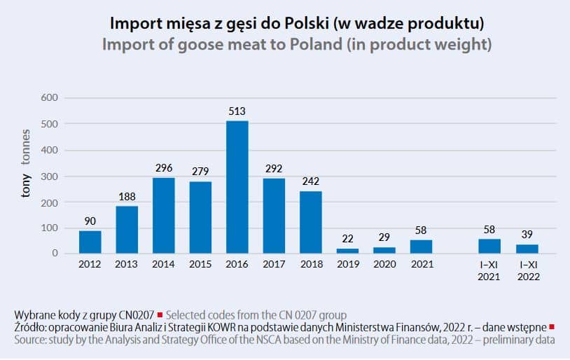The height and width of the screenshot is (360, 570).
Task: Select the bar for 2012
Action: [x=90, y=242]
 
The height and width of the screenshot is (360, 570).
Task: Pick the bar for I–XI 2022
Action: [x=527, y=248]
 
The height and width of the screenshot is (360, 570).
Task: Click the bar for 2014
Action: [x=164, y=215]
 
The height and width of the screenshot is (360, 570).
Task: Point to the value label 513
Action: [x=237, y=111]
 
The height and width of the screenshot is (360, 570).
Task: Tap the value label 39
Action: [x=527, y=235]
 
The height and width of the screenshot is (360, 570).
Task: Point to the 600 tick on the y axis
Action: [x=51, y=98]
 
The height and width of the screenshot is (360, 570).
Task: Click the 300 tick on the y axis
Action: [x=51, y=176]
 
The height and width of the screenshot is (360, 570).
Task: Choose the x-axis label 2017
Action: [x=273, y=265]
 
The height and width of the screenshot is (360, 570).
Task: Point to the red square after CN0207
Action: [x=160, y=314]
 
